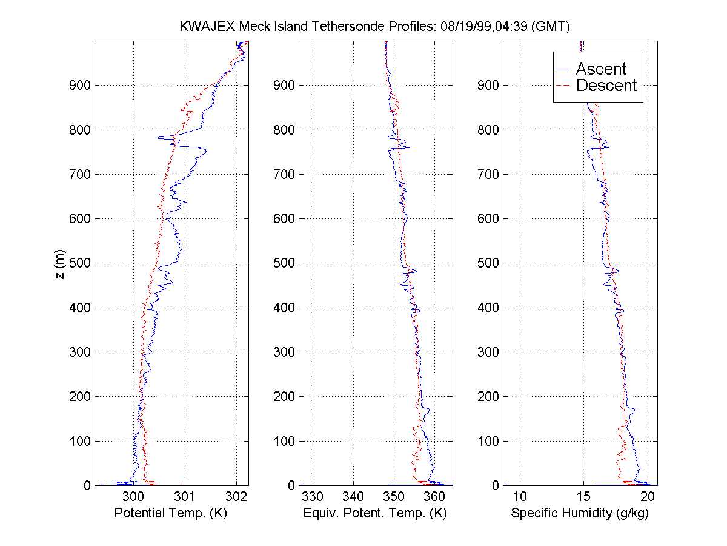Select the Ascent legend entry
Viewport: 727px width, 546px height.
pyautogui.click(x=600, y=69)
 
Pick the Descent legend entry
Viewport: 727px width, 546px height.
pyautogui.click(x=606, y=86)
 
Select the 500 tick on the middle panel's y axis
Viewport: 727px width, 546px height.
pyautogui.click(x=284, y=263)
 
